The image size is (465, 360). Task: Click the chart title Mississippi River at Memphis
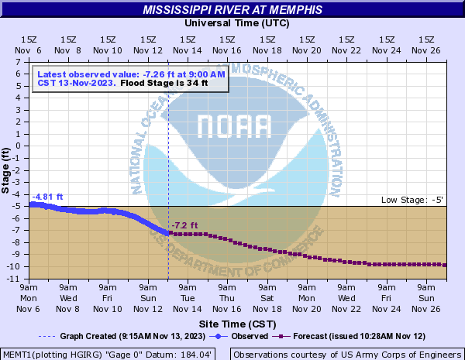point(232,10)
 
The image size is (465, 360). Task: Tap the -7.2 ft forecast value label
point(184,225)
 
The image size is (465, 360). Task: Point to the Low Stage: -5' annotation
point(412,201)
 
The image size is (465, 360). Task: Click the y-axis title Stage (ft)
point(6,169)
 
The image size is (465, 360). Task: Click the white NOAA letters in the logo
point(233,125)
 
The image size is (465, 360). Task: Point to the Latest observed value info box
point(131,79)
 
